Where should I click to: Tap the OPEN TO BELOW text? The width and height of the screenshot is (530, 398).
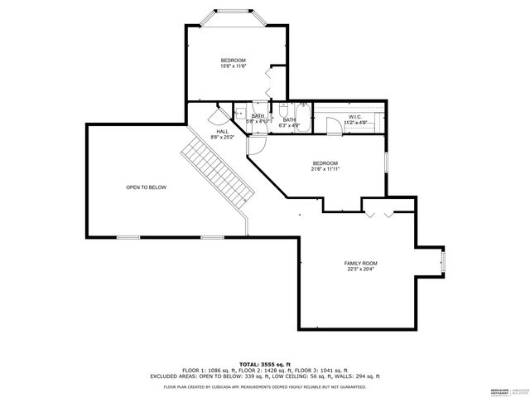click(x=146, y=187)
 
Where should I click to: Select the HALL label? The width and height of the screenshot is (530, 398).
click(x=223, y=132)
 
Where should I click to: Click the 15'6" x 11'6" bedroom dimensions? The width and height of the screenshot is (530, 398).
click(x=234, y=66)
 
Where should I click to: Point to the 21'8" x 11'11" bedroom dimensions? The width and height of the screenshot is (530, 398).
click(x=325, y=169)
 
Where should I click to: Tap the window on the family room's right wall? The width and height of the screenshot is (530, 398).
click(x=443, y=263)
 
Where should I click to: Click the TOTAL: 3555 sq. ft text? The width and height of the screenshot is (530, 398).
click(x=264, y=364)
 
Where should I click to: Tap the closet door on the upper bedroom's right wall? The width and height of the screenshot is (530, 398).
click(x=271, y=81)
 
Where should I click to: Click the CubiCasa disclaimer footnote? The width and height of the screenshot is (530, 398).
click(x=264, y=386)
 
